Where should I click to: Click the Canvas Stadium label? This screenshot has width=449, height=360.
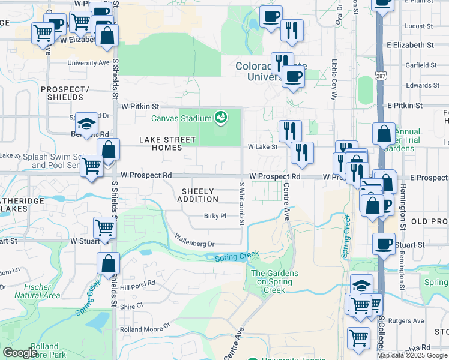pos(181,118)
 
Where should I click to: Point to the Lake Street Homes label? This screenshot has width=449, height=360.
pos(167,143)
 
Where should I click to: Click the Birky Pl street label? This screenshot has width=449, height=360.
pos(214,216)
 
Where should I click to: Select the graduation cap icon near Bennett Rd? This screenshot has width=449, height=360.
pos(87,124)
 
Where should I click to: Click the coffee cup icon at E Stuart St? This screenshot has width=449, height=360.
pos(384,244)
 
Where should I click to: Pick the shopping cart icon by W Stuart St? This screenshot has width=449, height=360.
pos(104,228)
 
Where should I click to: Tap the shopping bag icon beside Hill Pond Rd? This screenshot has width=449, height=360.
pos(107,263)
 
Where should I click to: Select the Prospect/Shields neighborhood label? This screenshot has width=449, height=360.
pos(61,93)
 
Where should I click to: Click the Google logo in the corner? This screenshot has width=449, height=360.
pos(20,352)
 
